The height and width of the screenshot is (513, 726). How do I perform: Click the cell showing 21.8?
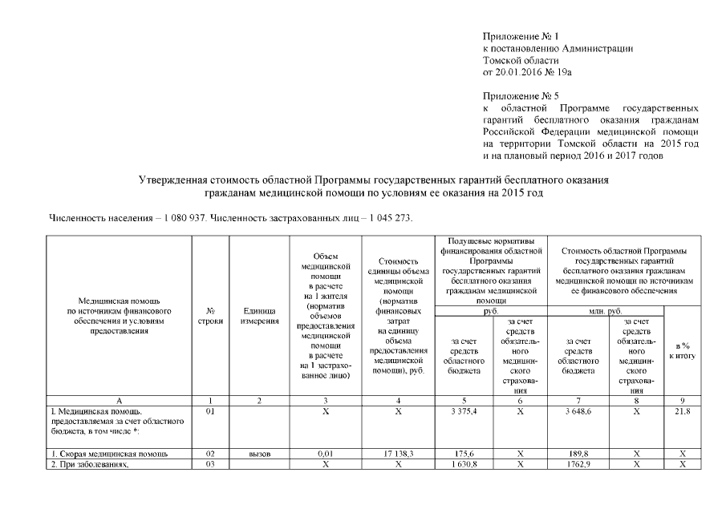pos(682,411)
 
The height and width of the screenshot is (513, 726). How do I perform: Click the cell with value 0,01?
pos(325,454)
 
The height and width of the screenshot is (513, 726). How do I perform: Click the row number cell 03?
pos(209,464)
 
